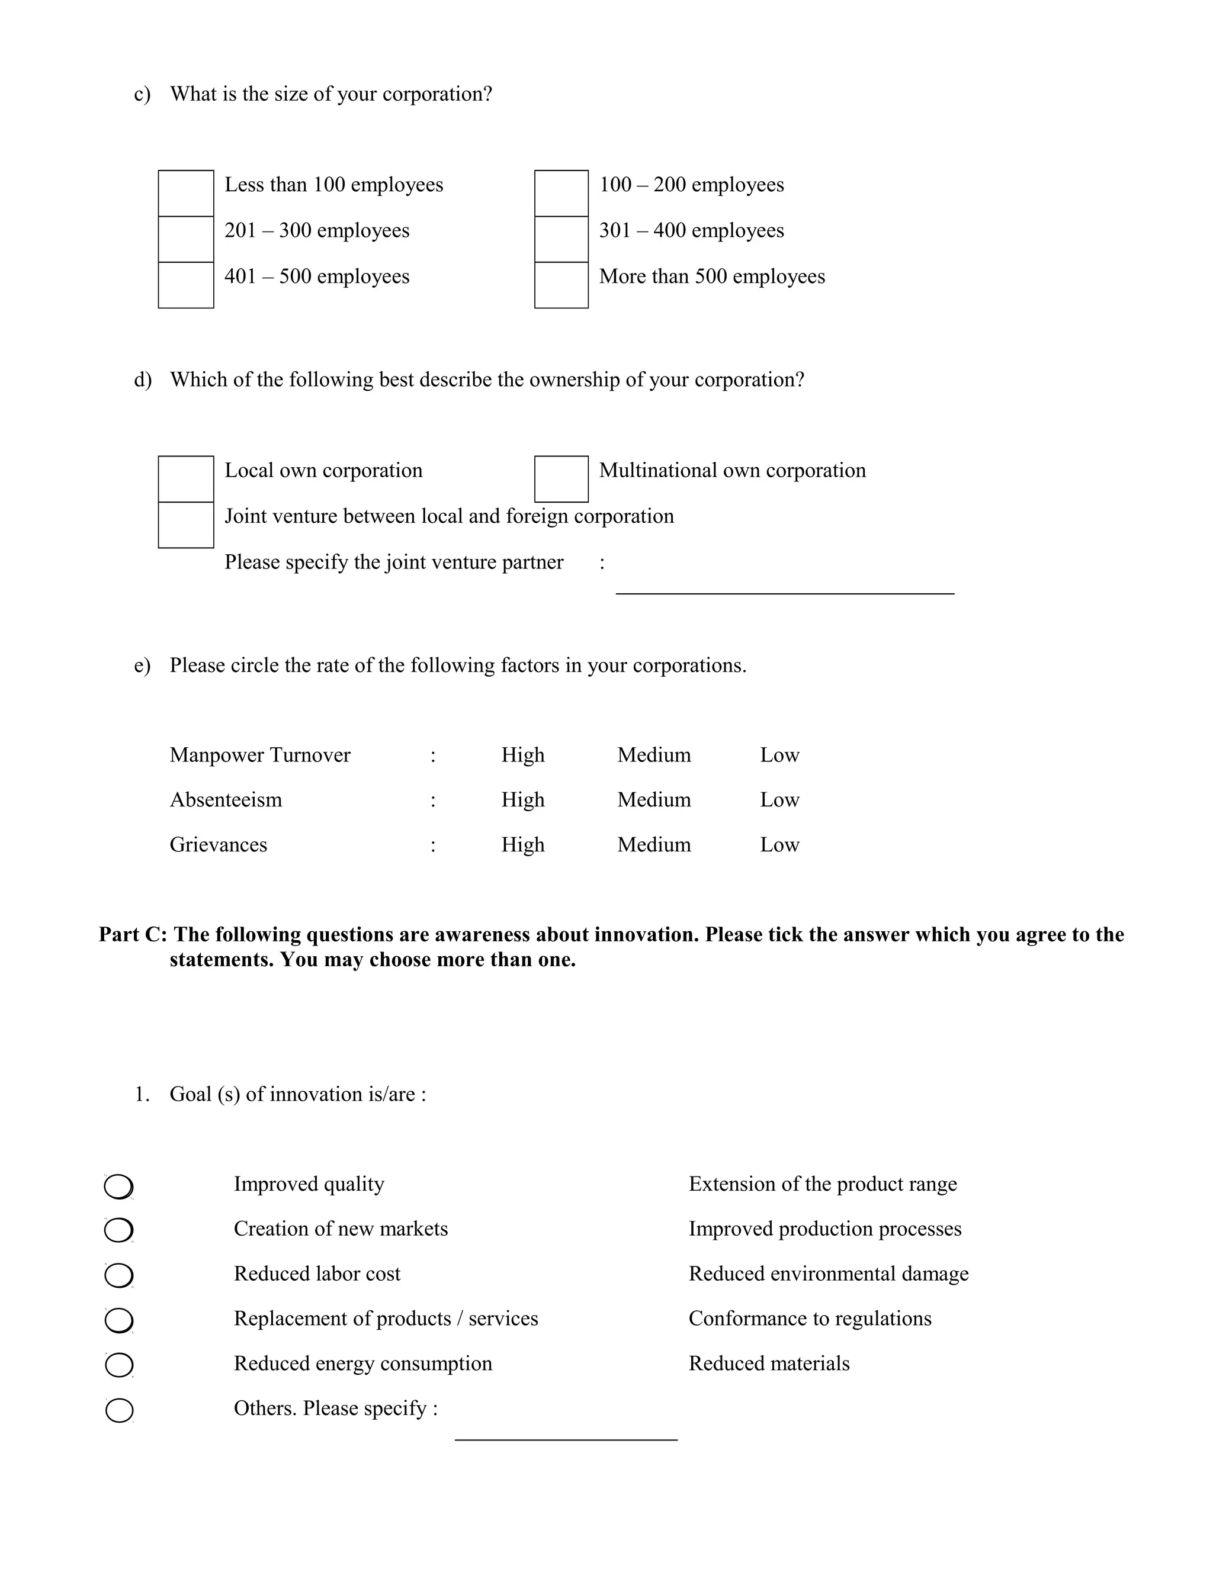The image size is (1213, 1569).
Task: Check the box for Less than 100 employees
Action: tap(185, 193)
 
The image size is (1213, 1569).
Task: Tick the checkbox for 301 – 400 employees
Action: tap(561, 239)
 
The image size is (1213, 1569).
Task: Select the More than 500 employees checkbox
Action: tap(561, 285)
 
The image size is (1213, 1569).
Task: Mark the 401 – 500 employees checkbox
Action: tap(185, 285)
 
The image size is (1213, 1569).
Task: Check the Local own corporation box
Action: tap(185, 478)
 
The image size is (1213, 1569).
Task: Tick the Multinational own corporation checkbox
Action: tap(561, 478)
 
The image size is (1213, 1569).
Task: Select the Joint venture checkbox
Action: tap(185, 525)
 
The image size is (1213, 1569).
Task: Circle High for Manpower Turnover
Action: tap(522, 755)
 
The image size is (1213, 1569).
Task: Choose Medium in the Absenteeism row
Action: tap(654, 799)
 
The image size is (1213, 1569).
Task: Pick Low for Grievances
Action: tap(779, 844)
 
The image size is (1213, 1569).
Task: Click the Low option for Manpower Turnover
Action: tap(779, 755)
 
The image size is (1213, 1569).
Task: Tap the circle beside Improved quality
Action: tap(118, 1187)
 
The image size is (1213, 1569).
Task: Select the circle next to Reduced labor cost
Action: tap(118, 1276)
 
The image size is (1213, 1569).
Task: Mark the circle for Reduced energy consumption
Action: tap(118, 1365)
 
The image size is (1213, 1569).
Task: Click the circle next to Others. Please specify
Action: tap(118, 1410)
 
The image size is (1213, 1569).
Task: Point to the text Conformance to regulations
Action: tap(810, 1319)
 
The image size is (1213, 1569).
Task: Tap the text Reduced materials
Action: tap(769, 1363)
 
